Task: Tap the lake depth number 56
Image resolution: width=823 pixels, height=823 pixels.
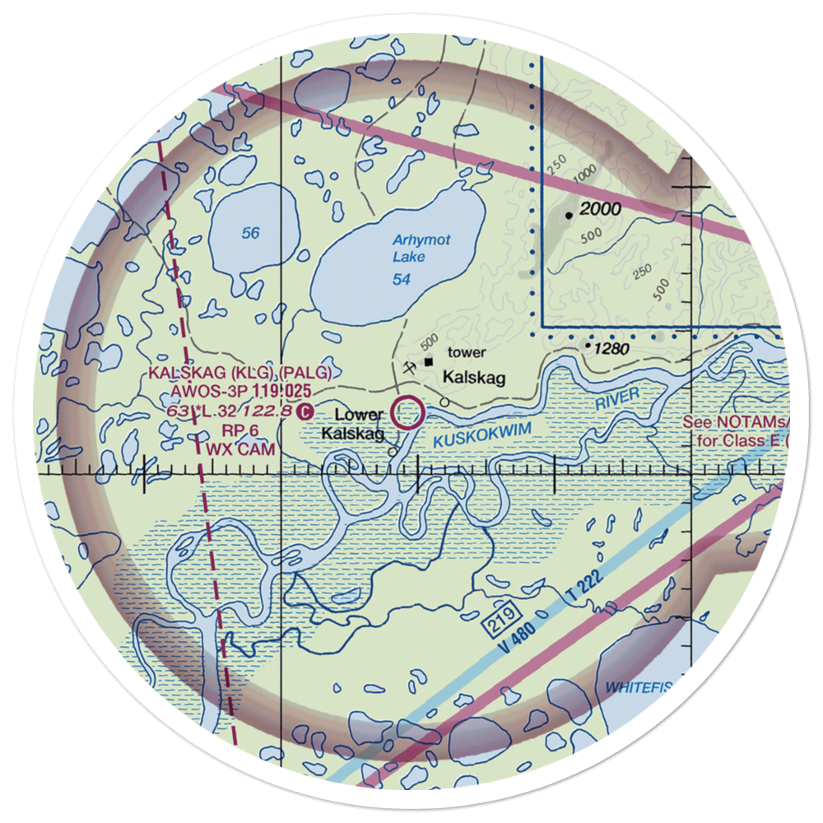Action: point(251,234)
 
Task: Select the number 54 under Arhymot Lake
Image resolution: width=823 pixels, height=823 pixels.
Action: point(402,281)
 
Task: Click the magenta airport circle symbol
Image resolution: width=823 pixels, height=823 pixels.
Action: point(408,411)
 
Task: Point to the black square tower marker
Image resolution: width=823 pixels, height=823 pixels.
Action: point(429,360)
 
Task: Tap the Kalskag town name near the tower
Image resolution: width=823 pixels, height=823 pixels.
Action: point(474,378)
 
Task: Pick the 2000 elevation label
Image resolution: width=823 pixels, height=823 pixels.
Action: point(600,210)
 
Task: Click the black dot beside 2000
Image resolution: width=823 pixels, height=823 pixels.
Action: point(569,216)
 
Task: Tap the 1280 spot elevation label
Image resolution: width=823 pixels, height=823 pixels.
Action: point(612,349)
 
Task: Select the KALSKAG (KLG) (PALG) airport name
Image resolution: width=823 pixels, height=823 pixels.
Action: point(240,373)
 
